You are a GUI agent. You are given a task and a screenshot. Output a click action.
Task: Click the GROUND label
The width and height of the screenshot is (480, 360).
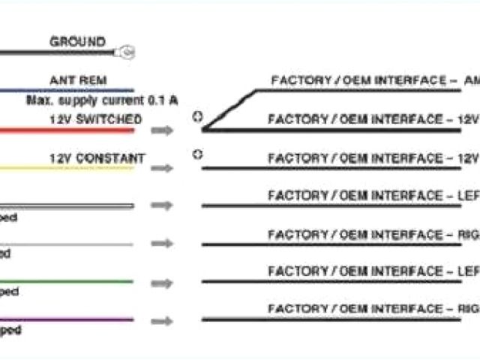[x=77, y=42]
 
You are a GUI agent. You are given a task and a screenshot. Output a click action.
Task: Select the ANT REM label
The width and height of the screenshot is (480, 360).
[x=77, y=79]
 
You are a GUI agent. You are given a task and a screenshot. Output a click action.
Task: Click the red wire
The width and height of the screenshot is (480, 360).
[x=67, y=130]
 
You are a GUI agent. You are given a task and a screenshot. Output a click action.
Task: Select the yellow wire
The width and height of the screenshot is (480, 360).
[x=67, y=168]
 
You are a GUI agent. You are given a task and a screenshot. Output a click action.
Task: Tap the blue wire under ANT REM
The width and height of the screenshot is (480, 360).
[x=67, y=90]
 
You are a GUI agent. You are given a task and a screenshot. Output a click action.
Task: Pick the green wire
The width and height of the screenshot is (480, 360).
[x=67, y=282]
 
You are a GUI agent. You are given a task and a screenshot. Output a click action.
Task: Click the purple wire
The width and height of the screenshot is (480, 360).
[x=67, y=319]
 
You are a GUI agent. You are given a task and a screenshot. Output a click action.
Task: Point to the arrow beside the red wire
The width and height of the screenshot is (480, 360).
[x=161, y=130]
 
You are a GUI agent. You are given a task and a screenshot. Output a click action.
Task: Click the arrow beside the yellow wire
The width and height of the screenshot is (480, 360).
[x=161, y=168]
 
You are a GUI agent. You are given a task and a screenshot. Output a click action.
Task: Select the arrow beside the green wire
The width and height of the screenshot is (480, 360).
[x=161, y=283]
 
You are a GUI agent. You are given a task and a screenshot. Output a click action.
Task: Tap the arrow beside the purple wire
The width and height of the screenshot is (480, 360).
[x=161, y=320]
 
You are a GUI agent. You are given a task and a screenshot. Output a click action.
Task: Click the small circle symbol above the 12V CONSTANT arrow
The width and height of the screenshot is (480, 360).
[x=197, y=154]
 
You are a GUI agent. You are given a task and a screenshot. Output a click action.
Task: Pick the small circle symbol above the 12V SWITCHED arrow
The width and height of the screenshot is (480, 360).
[x=197, y=116]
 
